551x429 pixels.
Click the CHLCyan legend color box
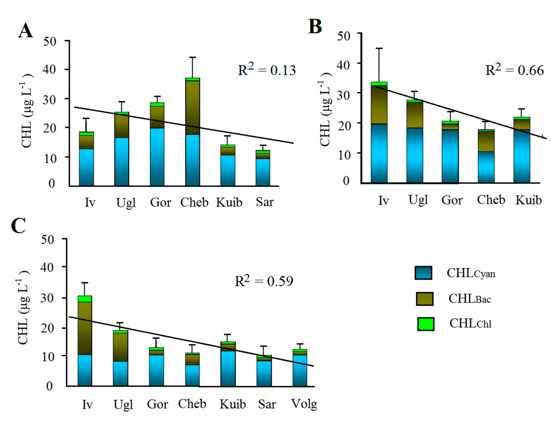[x=423, y=273]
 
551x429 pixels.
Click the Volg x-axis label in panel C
[x=304, y=404]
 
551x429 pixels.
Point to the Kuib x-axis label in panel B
[x=528, y=200]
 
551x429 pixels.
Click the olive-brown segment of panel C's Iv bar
[x=85, y=327]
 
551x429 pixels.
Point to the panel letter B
[x=315, y=27]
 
